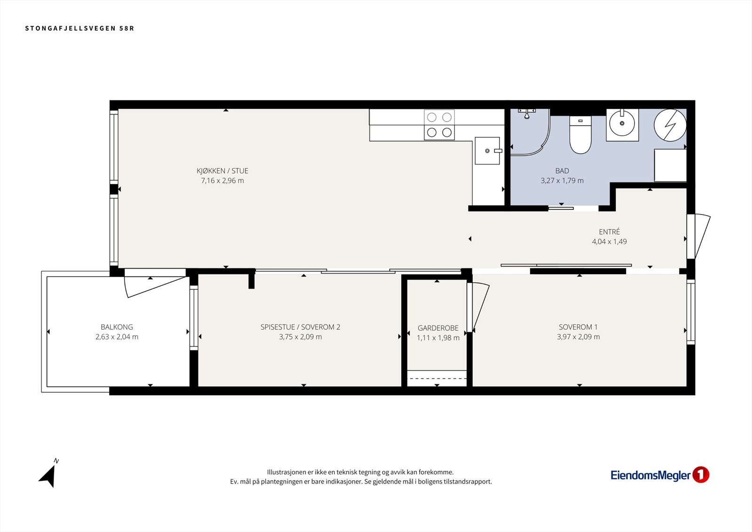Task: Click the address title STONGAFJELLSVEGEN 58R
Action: [x=79, y=28]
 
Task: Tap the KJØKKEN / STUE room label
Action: [x=222, y=171]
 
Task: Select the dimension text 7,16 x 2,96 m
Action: [x=222, y=181]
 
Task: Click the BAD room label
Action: [x=562, y=171]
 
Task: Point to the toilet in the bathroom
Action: [x=580, y=135]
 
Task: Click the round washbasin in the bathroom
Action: [x=622, y=123]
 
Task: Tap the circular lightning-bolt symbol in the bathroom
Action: [x=670, y=125]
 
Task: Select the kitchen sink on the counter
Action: [x=487, y=151]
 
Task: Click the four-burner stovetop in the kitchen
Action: [x=439, y=125]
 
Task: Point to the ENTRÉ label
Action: [x=609, y=231]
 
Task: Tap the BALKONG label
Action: [x=117, y=327]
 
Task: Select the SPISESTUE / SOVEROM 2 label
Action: [x=300, y=327]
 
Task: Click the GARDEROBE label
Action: [x=438, y=328]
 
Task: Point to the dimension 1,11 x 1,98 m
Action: [x=438, y=338]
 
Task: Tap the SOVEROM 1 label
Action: [x=578, y=327]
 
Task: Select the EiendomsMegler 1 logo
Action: [x=660, y=475]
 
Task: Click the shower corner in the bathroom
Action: [x=530, y=132]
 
